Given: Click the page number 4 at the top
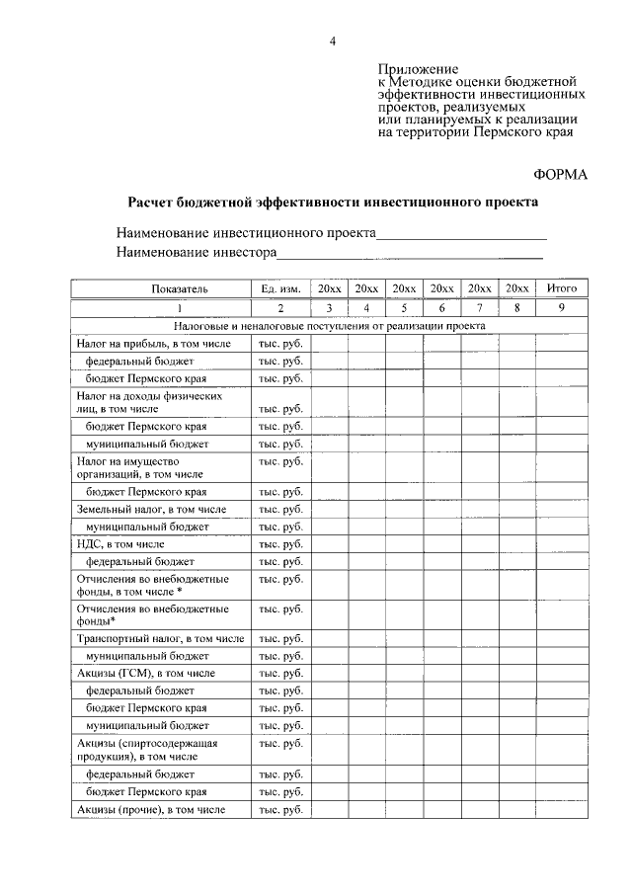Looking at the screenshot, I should [x=333, y=41].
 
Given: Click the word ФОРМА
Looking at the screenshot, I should [x=560, y=174].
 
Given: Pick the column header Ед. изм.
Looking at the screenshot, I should [x=280, y=288].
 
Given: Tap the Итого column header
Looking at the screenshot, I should [x=561, y=288].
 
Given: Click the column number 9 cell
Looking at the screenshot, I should [x=561, y=307].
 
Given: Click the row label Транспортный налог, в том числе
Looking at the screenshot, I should [x=160, y=639].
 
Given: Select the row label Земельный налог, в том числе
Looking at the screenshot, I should [x=151, y=510].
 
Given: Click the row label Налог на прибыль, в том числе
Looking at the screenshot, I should [x=153, y=344].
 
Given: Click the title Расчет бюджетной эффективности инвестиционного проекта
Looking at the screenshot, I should [x=334, y=202].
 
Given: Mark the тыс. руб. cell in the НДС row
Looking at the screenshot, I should [x=280, y=544].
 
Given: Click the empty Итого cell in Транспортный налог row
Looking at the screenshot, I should [x=561, y=639].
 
